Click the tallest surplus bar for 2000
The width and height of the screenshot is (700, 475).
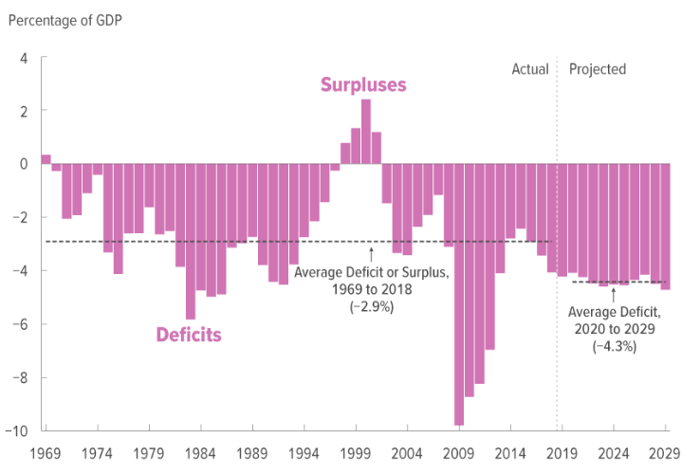366,132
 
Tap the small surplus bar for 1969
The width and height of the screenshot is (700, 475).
46,159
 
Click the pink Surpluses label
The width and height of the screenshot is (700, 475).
363,85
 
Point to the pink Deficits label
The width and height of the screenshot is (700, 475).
189,335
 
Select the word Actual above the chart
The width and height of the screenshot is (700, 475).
530,69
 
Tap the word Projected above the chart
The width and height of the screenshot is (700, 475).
598,69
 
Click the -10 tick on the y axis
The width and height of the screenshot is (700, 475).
18,431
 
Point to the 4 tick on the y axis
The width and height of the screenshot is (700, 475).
23,58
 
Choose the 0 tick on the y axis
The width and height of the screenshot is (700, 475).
23,164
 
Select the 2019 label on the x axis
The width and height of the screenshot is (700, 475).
563,453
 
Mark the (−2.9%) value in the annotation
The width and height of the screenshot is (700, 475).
370,307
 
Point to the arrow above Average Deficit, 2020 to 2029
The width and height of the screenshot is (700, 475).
613,293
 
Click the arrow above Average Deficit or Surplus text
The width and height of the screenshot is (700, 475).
371,253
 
